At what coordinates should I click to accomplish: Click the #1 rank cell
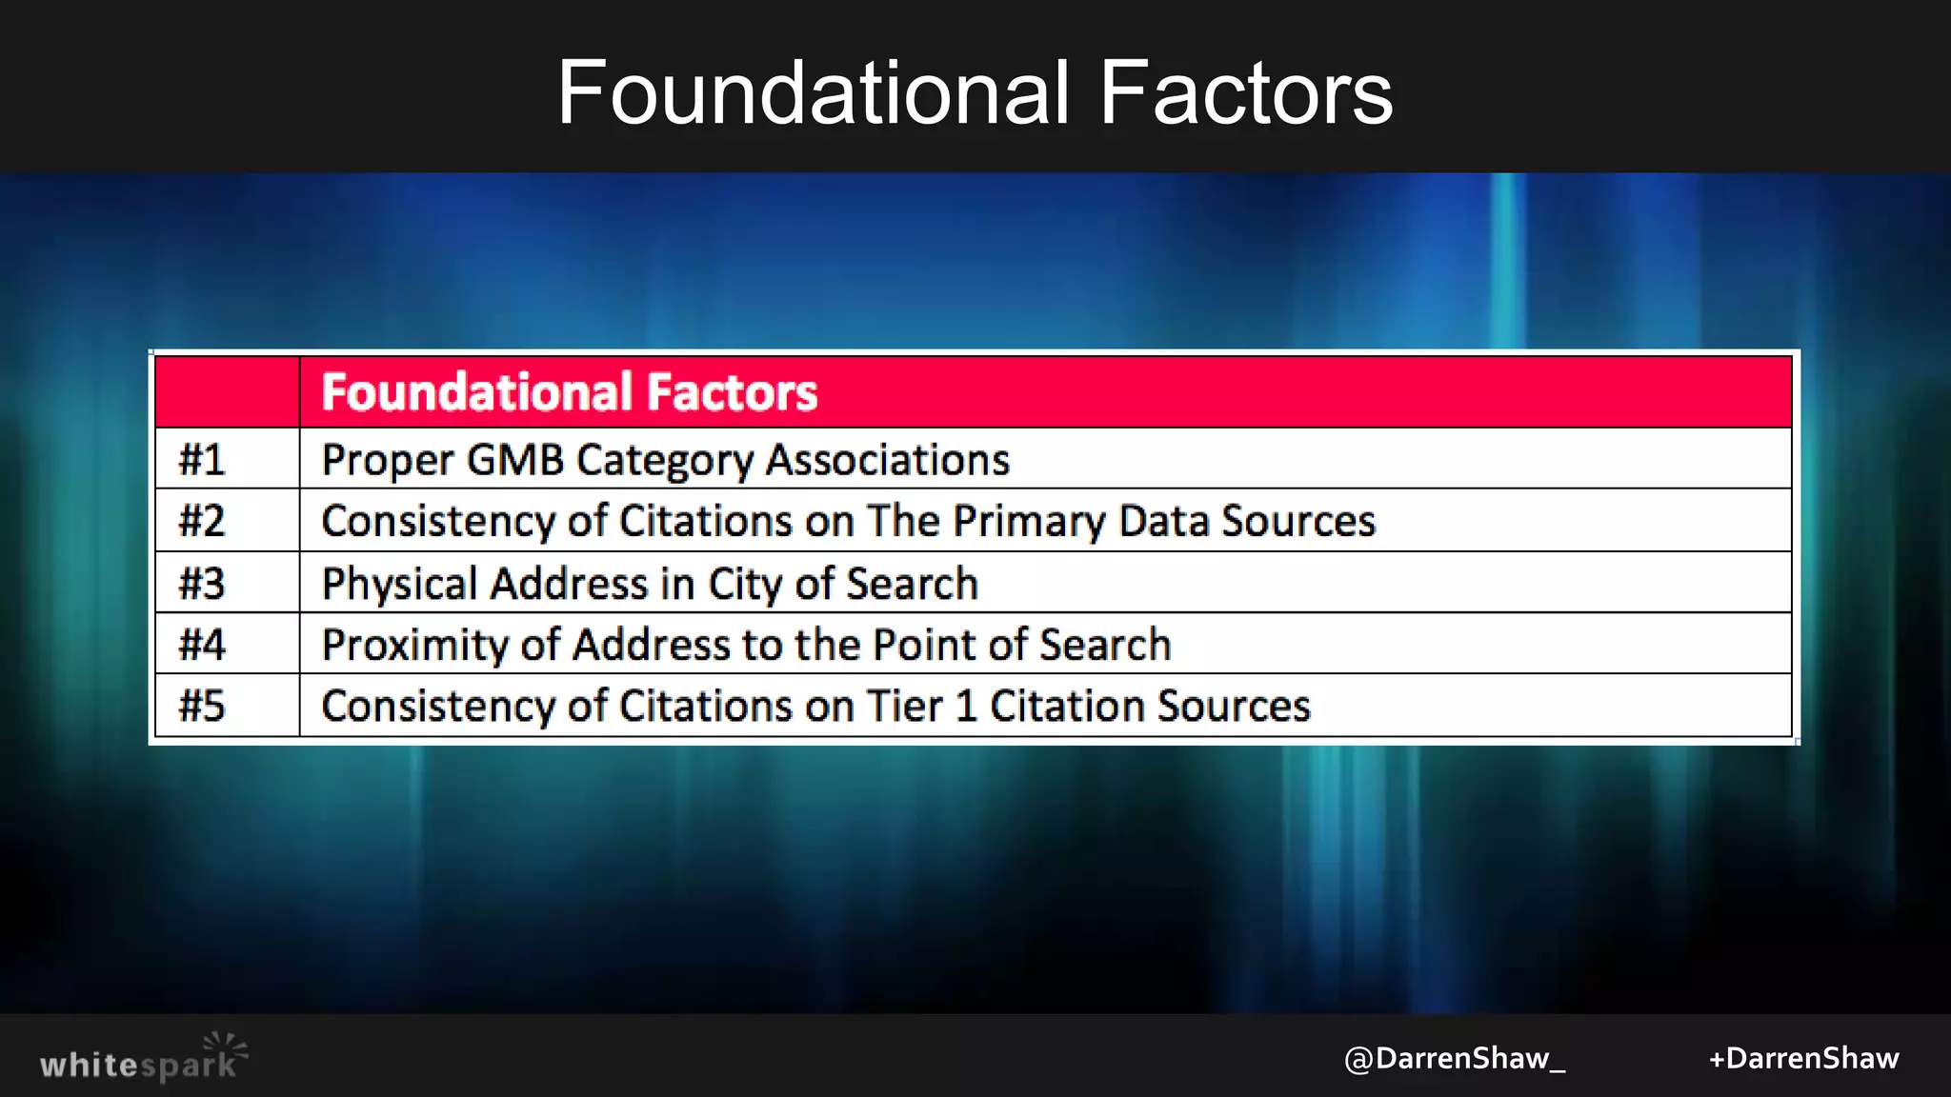pos(202,460)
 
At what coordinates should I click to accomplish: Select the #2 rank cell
pos(202,521)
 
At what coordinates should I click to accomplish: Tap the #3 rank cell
pos(202,583)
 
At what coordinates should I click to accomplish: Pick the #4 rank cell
pos(202,645)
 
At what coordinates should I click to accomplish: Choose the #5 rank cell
pos(202,707)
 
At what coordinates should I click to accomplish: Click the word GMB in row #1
pos(515,460)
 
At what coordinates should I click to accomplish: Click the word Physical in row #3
pos(399,584)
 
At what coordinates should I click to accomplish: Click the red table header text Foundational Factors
pos(569,392)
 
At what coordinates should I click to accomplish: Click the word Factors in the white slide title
pos(1246,92)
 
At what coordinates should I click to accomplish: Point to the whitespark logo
pos(143,1058)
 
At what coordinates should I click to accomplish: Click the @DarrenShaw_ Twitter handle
pos(1454,1059)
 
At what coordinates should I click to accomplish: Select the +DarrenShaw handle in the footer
pos(1803,1059)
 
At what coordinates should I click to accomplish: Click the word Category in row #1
pos(665,461)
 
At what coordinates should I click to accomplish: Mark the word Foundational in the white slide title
pos(814,92)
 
